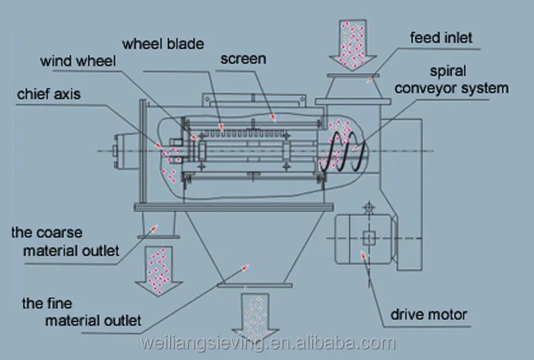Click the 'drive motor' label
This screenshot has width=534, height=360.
click(x=429, y=315)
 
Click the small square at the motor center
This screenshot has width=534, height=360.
click(x=369, y=238)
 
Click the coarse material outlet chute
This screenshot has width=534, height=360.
click(x=158, y=223)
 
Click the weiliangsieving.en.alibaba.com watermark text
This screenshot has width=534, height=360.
click(x=267, y=344)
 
